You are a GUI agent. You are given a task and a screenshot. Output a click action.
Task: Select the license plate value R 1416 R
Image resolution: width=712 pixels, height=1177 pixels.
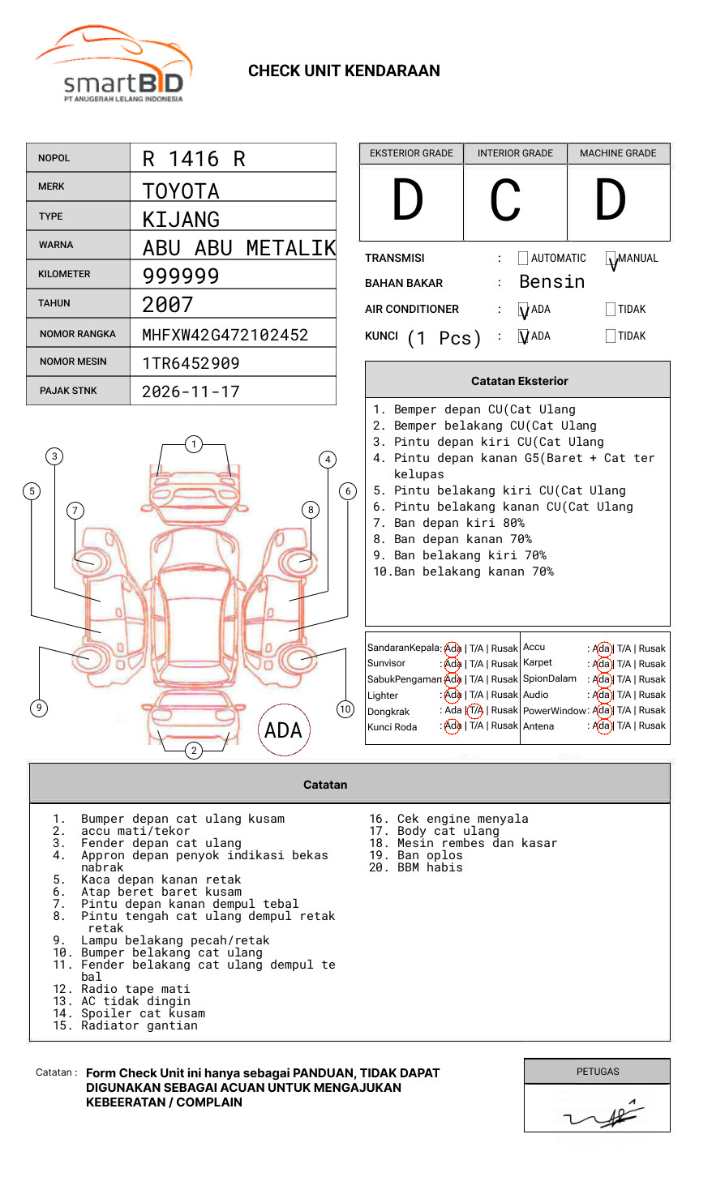click(194, 159)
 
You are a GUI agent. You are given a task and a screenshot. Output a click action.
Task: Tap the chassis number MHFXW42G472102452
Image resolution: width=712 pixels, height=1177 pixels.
click(225, 335)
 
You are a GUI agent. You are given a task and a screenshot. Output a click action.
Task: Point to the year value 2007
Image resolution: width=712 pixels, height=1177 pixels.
click(168, 305)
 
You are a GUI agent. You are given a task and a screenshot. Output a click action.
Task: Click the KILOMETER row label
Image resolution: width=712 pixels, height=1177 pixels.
click(64, 274)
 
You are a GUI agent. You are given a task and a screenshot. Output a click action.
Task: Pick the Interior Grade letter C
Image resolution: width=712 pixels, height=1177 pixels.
click(505, 200)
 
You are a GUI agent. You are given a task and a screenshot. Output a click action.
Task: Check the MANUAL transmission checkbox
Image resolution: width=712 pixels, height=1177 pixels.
click(611, 259)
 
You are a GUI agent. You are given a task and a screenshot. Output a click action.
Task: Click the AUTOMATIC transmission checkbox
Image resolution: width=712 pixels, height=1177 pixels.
click(523, 259)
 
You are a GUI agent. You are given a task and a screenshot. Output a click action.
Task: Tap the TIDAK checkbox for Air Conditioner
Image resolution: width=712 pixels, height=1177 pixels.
click(611, 309)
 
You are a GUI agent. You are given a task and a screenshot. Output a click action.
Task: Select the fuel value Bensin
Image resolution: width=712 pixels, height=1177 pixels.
click(551, 282)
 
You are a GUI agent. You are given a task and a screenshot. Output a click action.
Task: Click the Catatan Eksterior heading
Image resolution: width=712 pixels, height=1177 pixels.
click(519, 381)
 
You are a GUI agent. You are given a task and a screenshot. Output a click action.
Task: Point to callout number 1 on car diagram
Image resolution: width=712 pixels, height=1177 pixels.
click(193, 444)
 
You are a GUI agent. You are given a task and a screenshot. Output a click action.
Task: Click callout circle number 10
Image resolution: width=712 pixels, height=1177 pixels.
click(345, 709)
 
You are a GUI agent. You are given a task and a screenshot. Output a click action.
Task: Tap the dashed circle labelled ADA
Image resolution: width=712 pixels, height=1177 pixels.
click(283, 730)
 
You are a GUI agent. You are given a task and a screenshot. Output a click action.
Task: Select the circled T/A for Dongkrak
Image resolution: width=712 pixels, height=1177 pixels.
click(475, 711)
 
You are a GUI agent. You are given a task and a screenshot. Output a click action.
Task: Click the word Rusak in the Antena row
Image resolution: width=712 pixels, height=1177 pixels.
click(652, 726)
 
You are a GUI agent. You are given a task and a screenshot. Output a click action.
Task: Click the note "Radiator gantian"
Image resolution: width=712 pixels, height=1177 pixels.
click(139, 1025)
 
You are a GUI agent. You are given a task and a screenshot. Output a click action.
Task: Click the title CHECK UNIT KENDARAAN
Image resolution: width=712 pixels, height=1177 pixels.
click(344, 71)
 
